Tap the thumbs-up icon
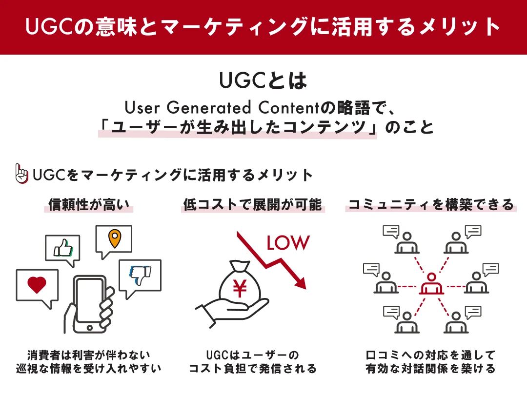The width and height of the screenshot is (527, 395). [x=63, y=249]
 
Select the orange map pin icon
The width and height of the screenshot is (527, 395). [x=114, y=238]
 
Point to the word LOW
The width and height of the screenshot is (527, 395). [x=287, y=243]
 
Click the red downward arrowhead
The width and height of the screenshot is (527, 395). [x=300, y=283]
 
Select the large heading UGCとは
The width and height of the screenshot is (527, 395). [x=263, y=81]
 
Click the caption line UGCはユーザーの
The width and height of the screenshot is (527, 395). [x=252, y=355]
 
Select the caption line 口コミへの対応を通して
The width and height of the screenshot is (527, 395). [x=430, y=355]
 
